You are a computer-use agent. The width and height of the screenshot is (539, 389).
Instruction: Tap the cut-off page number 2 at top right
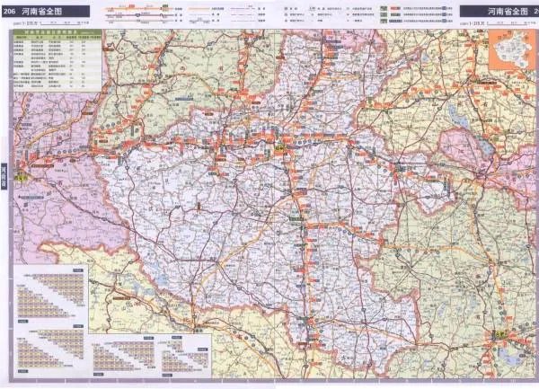click(535, 12)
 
